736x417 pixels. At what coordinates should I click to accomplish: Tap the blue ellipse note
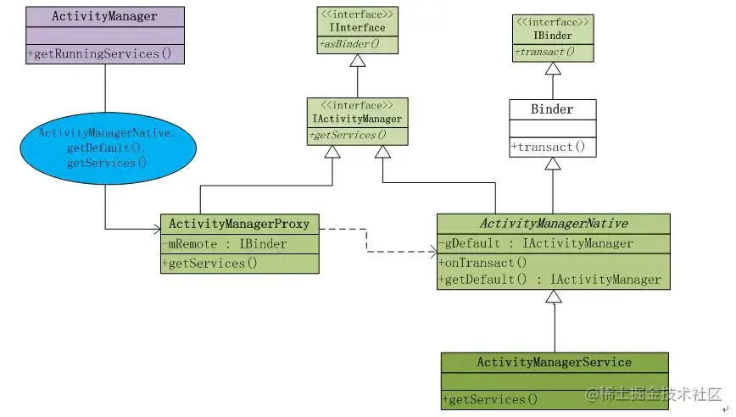click(106, 147)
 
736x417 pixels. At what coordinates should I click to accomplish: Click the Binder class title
click(552, 109)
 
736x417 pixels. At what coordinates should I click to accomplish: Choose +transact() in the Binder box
click(548, 147)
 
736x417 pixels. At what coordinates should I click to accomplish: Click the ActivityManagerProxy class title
click(239, 225)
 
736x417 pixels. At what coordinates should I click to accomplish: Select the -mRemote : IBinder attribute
click(225, 244)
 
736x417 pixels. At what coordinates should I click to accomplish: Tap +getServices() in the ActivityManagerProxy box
click(209, 263)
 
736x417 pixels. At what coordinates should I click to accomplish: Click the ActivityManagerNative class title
click(554, 224)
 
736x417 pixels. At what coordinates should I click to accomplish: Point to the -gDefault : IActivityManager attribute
click(536, 243)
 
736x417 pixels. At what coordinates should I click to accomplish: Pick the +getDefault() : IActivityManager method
click(549, 280)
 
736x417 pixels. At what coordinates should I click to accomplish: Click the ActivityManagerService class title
click(554, 362)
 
